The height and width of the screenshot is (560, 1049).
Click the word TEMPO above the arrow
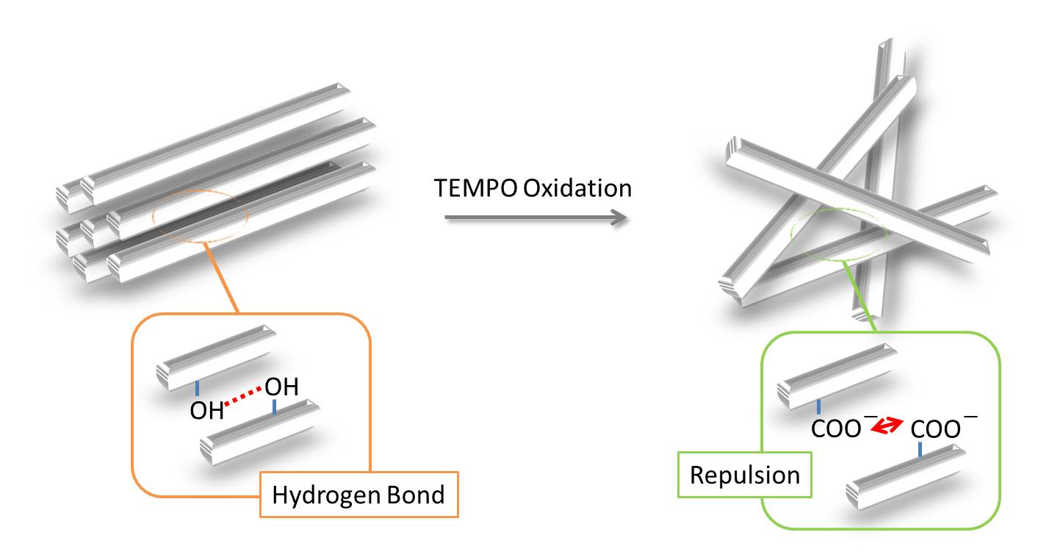(475, 188)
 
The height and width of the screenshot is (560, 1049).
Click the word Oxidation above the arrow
(577, 188)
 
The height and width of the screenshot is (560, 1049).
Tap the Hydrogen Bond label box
(359, 495)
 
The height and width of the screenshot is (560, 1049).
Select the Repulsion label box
(745, 475)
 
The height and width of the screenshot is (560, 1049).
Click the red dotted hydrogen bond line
(242, 396)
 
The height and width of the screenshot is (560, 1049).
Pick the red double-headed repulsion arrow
(887, 425)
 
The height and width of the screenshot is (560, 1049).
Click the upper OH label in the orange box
(281, 387)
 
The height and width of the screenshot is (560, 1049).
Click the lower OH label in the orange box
(206, 411)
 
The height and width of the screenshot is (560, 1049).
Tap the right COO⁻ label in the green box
(942, 427)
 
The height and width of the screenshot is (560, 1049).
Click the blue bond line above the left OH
(197, 389)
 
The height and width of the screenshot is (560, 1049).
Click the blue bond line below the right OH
(275, 406)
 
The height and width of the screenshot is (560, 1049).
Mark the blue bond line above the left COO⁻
(818, 406)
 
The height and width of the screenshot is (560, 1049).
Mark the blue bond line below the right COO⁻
(920, 450)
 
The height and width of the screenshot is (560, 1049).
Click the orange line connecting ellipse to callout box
(222, 277)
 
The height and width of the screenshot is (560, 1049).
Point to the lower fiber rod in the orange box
(260, 433)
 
